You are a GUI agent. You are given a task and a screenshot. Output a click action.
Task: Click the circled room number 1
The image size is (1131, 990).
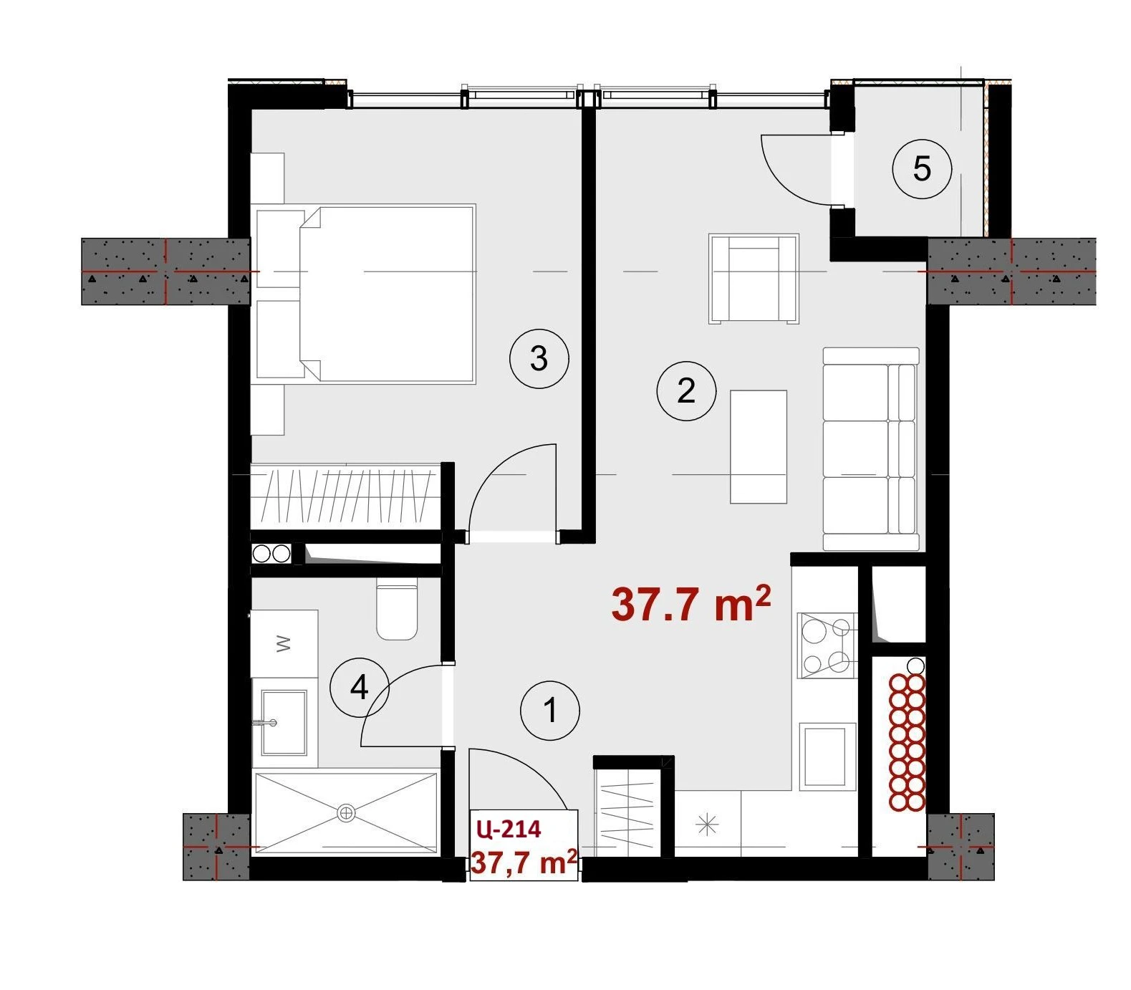(x=550, y=711)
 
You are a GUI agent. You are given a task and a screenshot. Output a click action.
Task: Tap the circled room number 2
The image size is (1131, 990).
(x=686, y=391)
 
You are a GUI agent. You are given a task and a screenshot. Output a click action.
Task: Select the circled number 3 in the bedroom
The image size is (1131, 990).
(x=539, y=357)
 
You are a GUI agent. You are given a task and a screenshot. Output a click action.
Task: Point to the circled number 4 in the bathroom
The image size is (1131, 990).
(x=359, y=688)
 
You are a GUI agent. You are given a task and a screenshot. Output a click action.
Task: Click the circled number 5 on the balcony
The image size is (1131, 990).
(x=922, y=169)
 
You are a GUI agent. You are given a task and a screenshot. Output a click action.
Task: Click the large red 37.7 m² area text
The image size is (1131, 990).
(x=691, y=603)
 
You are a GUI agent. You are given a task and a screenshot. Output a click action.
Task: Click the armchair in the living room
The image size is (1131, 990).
(x=754, y=279)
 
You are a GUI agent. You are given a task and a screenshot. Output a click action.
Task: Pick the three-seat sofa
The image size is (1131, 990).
(x=871, y=449)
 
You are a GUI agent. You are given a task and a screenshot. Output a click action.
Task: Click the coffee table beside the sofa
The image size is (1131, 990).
(x=759, y=446)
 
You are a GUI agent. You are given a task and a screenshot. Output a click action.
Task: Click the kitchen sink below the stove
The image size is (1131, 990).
(x=827, y=756)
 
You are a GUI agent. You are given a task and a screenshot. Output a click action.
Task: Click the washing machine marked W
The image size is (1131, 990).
(x=284, y=643)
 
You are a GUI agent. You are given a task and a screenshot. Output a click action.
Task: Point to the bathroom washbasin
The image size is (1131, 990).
(x=284, y=722)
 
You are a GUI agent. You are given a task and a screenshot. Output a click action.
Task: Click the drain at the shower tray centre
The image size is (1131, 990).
(x=346, y=812)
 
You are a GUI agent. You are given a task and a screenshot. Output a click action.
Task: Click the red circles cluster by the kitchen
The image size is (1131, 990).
(x=907, y=742)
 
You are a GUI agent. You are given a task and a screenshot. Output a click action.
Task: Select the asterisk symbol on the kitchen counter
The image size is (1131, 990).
(x=707, y=826)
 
